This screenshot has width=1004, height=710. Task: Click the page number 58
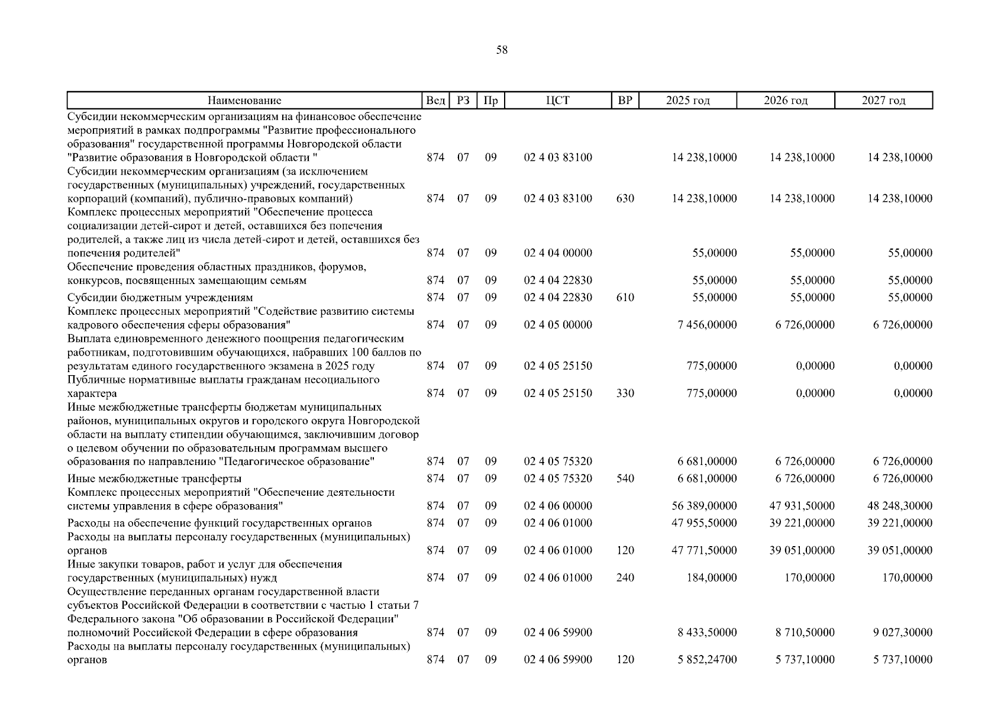click(502, 50)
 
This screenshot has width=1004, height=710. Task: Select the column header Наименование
click(244, 101)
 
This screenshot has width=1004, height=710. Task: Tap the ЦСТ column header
click(558, 101)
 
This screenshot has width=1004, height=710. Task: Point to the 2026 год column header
click(785, 101)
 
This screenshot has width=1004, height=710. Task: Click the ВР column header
click(625, 101)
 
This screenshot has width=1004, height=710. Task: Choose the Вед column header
click(435, 101)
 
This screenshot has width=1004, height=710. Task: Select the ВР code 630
click(625, 199)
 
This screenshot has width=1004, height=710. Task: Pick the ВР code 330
click(625, 393)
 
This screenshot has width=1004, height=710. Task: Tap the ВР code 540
click(625, 479)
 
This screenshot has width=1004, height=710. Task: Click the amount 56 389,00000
click(704, 506)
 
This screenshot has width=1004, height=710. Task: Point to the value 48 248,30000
click(899, 506)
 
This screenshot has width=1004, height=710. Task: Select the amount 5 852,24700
click(707, 660)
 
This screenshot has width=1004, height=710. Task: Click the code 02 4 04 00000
click(558, 253)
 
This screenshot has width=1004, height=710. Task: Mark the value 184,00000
click(714, 578)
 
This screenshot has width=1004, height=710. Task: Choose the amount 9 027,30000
click(902, 632)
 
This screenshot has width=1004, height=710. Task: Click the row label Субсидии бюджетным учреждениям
click(160, 298)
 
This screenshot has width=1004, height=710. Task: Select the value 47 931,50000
click(802, 506)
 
